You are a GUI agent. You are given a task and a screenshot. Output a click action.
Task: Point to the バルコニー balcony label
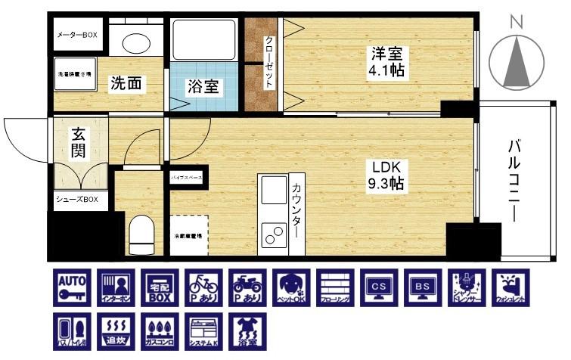point(516,179)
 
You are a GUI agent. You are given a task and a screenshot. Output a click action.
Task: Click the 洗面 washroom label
point(126,83)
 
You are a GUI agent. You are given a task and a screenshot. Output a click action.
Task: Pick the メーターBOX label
point(78,36)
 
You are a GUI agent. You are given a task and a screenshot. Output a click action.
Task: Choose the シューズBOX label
point(78,200)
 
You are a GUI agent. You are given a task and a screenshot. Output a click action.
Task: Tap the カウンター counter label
point(296,209)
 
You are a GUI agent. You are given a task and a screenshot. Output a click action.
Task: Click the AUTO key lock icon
point(73,287)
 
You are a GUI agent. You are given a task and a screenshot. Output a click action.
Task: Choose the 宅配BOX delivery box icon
point(160,287)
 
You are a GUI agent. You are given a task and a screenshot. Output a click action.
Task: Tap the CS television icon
point(377,287)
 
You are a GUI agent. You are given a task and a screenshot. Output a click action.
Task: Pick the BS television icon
point(421,287)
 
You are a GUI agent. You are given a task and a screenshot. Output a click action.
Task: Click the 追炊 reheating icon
point(116,331)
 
